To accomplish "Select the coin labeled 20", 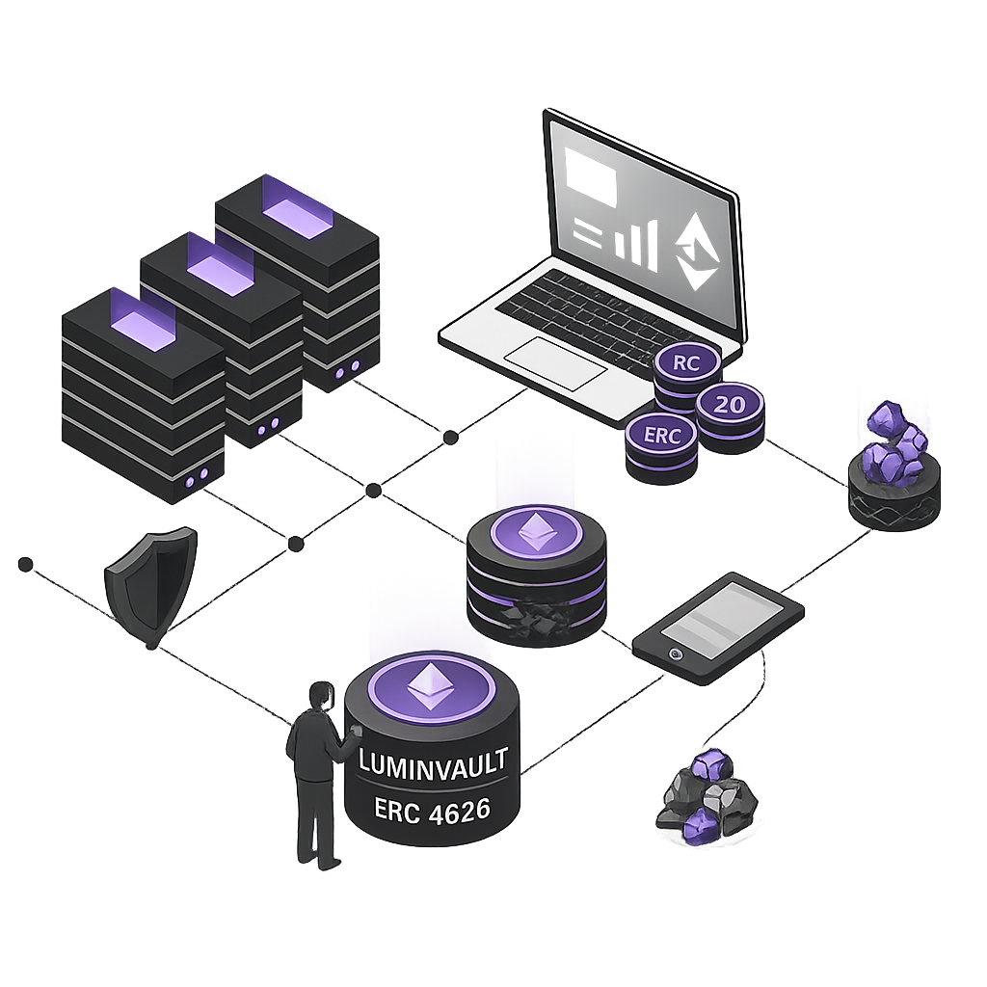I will (x=730, y=405).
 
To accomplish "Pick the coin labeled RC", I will (x=688, y=365).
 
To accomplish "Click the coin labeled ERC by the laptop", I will (x=660, y=436).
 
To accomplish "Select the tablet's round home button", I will (x=676, y=653).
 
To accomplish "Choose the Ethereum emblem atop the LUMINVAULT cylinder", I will (x=431, y=686).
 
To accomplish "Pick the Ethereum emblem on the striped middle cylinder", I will (x=535, y=532).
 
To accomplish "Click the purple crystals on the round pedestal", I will (x=894, y=442).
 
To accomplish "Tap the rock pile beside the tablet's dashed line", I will (x=707, y=795).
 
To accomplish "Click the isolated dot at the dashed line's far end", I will (x=26, y=563).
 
